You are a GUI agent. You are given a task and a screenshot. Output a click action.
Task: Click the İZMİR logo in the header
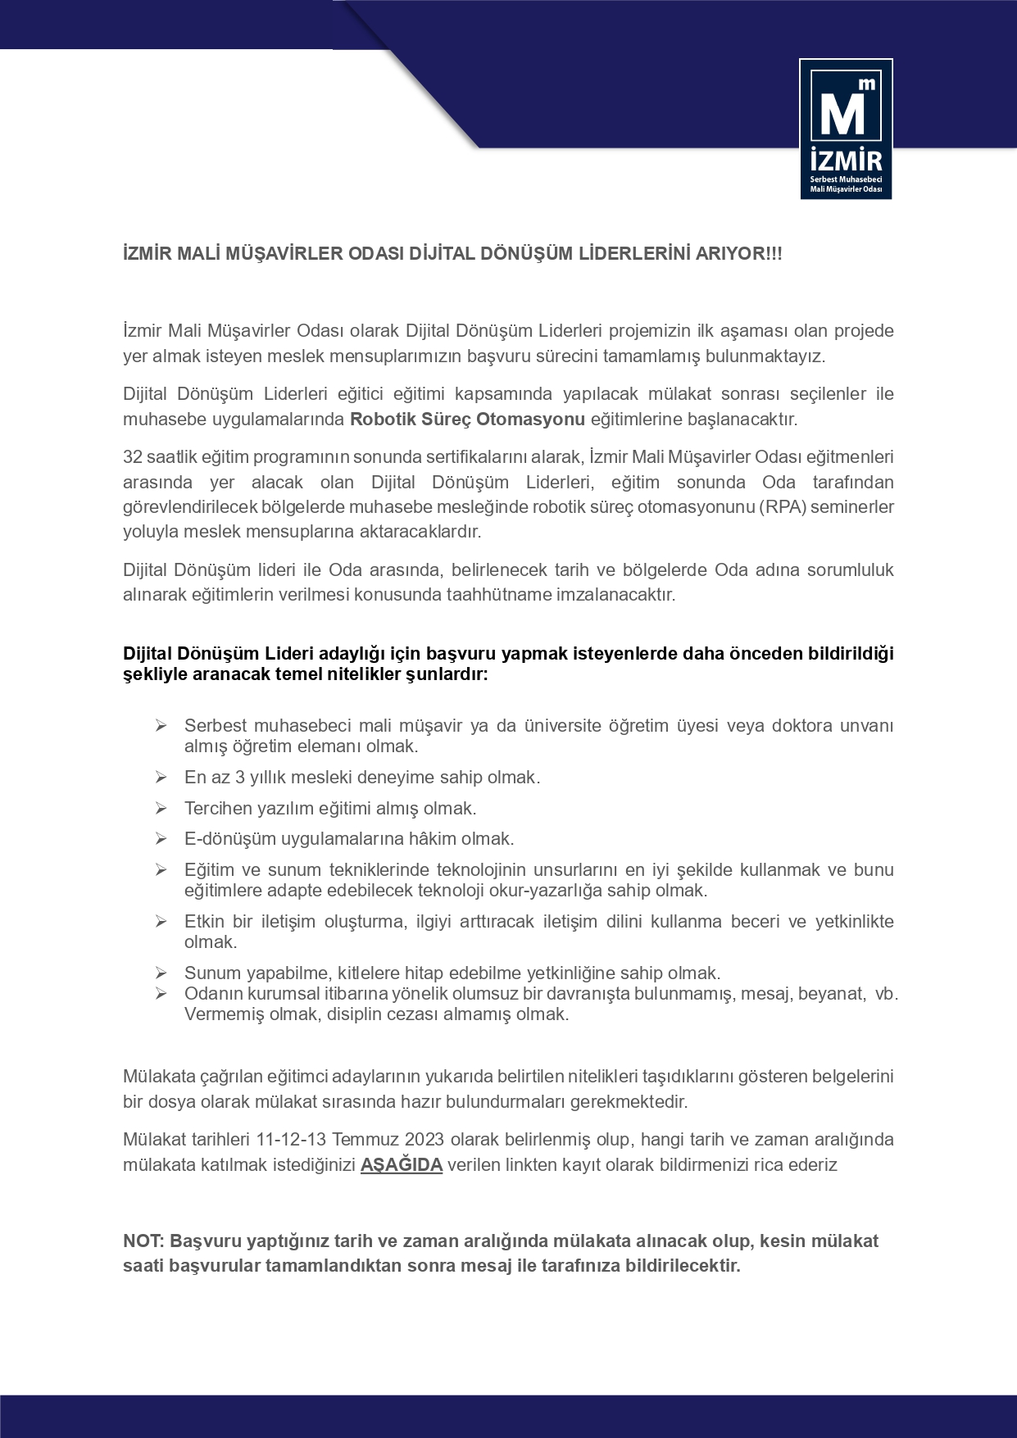click(846, 129)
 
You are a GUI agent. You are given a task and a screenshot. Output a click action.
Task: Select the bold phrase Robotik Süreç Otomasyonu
click(467, 420)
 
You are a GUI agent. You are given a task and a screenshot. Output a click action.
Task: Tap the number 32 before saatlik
click(133, 456)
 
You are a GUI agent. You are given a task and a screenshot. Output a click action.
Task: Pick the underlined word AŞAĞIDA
click(402, 1164)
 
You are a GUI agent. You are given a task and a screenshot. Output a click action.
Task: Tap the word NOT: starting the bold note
click(144, 1241)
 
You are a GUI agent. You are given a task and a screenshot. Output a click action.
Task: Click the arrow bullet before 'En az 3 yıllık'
click(161, 777)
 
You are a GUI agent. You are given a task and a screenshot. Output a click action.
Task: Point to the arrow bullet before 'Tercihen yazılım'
click(161, 808)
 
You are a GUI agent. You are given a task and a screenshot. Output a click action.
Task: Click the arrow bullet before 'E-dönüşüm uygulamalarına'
click(161, 838)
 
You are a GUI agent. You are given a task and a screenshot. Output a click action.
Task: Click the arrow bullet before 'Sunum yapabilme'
click(161, 973)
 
